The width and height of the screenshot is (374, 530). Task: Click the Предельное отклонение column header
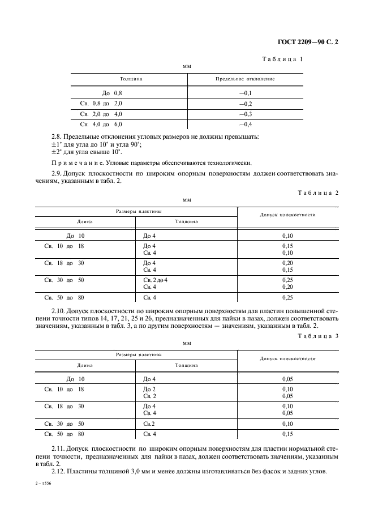point(244,79)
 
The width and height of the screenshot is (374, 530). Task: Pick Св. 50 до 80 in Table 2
point(64,297)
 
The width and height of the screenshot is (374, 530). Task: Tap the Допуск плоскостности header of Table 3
point(287,358)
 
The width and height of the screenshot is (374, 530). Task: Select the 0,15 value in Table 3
point(287,434)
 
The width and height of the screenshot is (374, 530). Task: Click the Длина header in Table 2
point(85,221)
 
